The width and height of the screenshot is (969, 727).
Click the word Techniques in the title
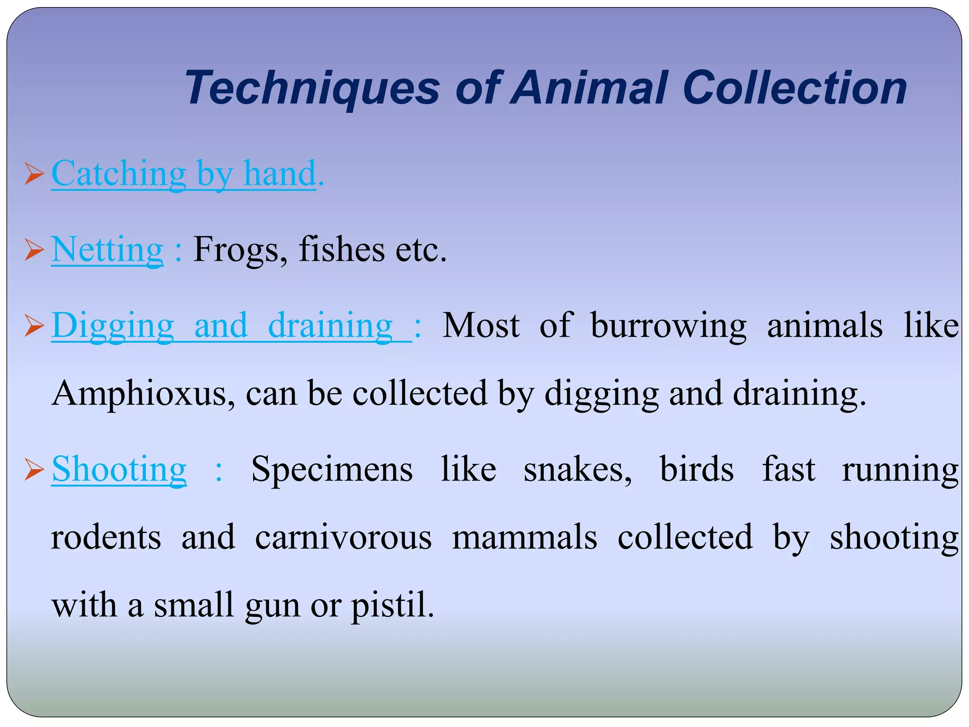click(312, 89)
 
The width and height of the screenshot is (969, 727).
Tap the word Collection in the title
click(794, 88)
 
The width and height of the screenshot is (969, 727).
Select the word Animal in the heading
click(591, 88)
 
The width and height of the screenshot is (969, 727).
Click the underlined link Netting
click(107, 249)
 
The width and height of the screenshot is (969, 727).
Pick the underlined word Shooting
click(119, 469)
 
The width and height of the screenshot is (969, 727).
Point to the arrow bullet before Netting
click(34, 249)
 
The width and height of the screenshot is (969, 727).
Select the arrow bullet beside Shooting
click(34, 469)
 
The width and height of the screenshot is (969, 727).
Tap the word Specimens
click(332, 469)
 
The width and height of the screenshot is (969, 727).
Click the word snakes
click(577, 469)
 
